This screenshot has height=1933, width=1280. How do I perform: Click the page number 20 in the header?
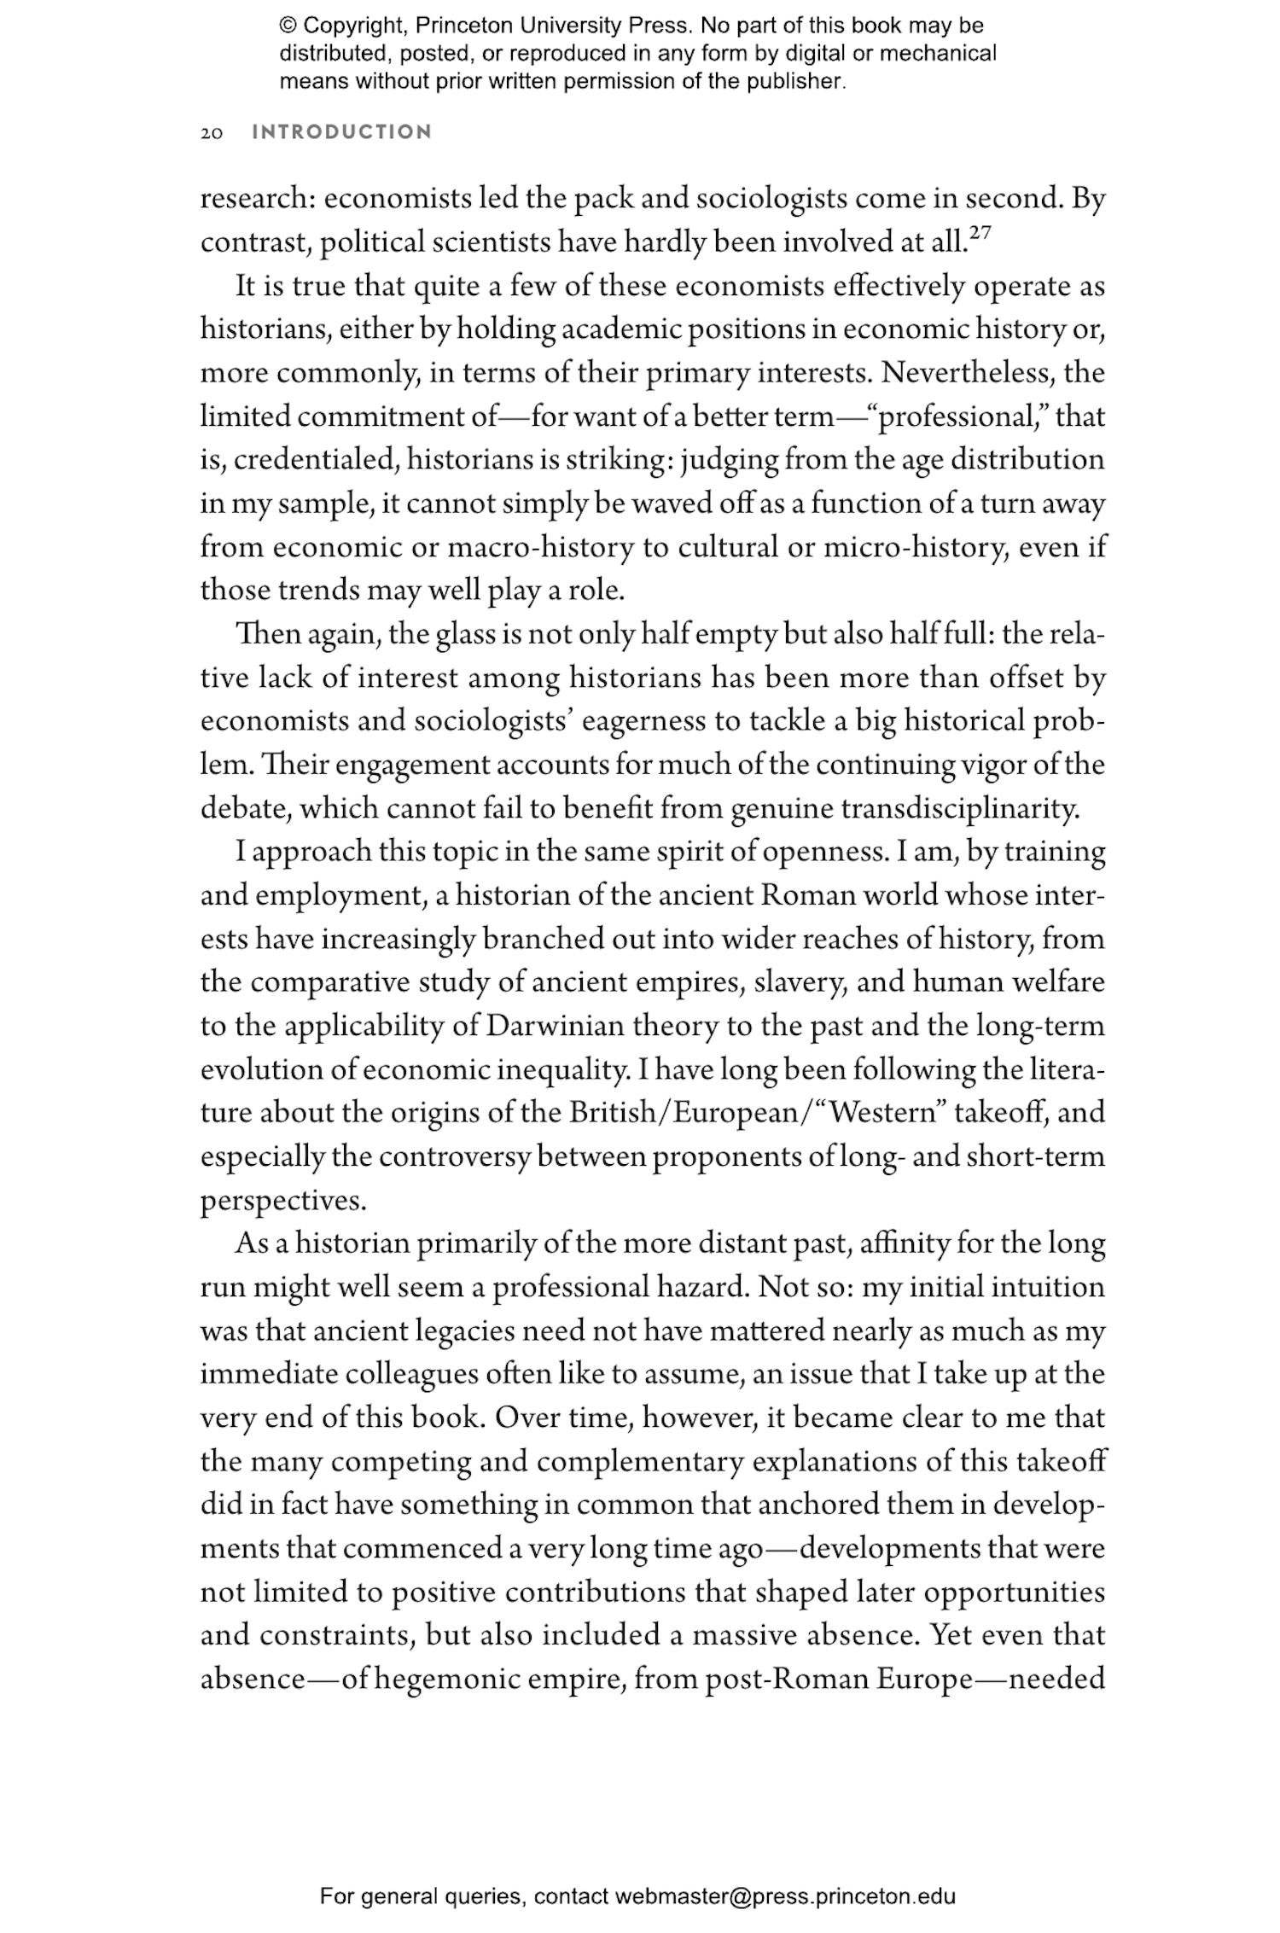point(212,133)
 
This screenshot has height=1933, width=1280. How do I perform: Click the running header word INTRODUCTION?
point(342,132)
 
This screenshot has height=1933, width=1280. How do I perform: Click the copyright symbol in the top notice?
point(288,26)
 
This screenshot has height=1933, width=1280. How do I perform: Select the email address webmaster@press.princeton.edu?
point(784,1896)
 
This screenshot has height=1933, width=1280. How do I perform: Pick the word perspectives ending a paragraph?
point(282,1201)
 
